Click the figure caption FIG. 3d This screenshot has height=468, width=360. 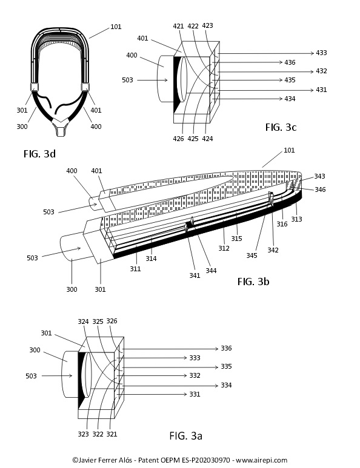[x=40, y=154]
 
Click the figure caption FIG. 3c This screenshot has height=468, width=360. [x=281, y=127]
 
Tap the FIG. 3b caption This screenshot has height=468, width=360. [x=253, y=282]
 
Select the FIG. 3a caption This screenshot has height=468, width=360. [x=186, y=436]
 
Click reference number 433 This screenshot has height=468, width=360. [x=321, y=53]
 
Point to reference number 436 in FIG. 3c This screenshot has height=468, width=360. [x=290, y=62]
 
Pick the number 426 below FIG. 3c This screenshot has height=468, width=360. [x=178, y=139]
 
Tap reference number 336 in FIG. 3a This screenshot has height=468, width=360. [x=226, y=348]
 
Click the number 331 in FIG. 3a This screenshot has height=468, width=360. [x=195, y=394]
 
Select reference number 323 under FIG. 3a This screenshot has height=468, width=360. [x=84, y=434]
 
